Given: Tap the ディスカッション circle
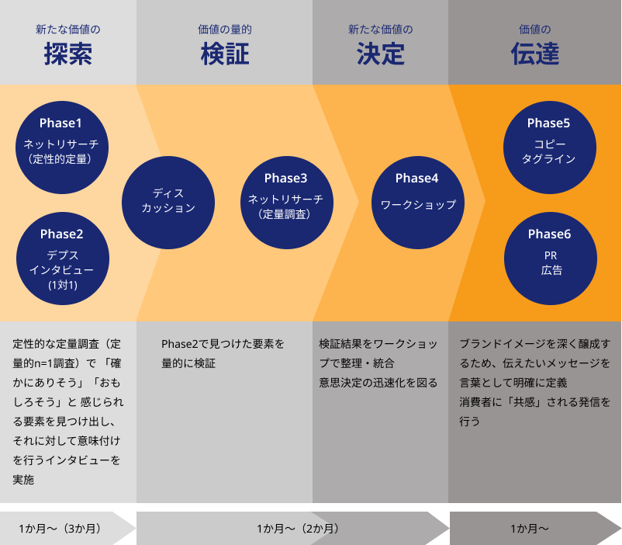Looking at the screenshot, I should (168, 202).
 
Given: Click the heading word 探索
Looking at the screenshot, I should (68, 54).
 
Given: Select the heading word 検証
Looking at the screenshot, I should (225, 54).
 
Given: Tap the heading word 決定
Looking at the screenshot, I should (381, 54).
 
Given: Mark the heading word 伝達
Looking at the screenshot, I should (535, 54).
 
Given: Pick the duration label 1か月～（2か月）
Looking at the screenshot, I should (298, 529).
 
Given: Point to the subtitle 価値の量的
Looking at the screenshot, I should (225, 30).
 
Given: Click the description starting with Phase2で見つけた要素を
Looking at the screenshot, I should (223, 343).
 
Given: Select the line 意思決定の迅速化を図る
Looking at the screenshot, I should (378, 383).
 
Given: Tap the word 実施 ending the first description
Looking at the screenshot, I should (24, 480).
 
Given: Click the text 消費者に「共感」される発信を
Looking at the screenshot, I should (534, 402).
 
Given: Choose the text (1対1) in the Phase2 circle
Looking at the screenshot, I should (62, 285).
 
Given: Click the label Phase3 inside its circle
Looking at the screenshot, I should (285, 179).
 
